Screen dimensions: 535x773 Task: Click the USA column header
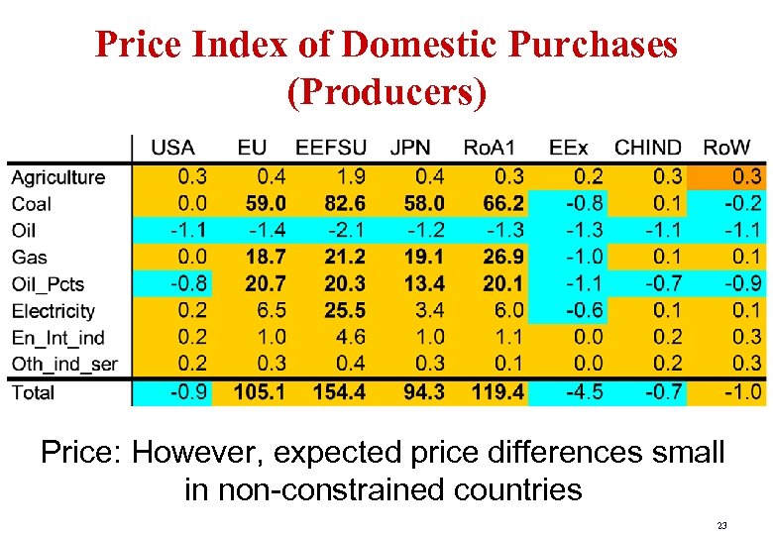coord(172,148)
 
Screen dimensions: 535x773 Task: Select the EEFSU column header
coord(331,148)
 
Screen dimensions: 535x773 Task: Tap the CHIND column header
coord(648,148)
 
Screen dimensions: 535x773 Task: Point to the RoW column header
coord(726,148)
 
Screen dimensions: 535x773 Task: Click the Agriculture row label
coord(57,177)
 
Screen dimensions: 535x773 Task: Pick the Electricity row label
coord(54,311)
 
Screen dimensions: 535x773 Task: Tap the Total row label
coord(33,392)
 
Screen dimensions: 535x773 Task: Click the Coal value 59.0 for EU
coord(263,204)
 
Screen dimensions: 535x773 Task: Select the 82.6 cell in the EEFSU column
coord(344,204)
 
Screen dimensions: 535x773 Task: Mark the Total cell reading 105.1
coord(259,392)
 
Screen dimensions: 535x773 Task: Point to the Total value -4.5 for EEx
coord(582,392)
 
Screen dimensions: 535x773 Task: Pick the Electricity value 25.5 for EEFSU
coord(344,311)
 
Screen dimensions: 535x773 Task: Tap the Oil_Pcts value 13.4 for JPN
coord(424,284)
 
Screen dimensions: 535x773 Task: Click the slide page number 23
coord(721,525)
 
